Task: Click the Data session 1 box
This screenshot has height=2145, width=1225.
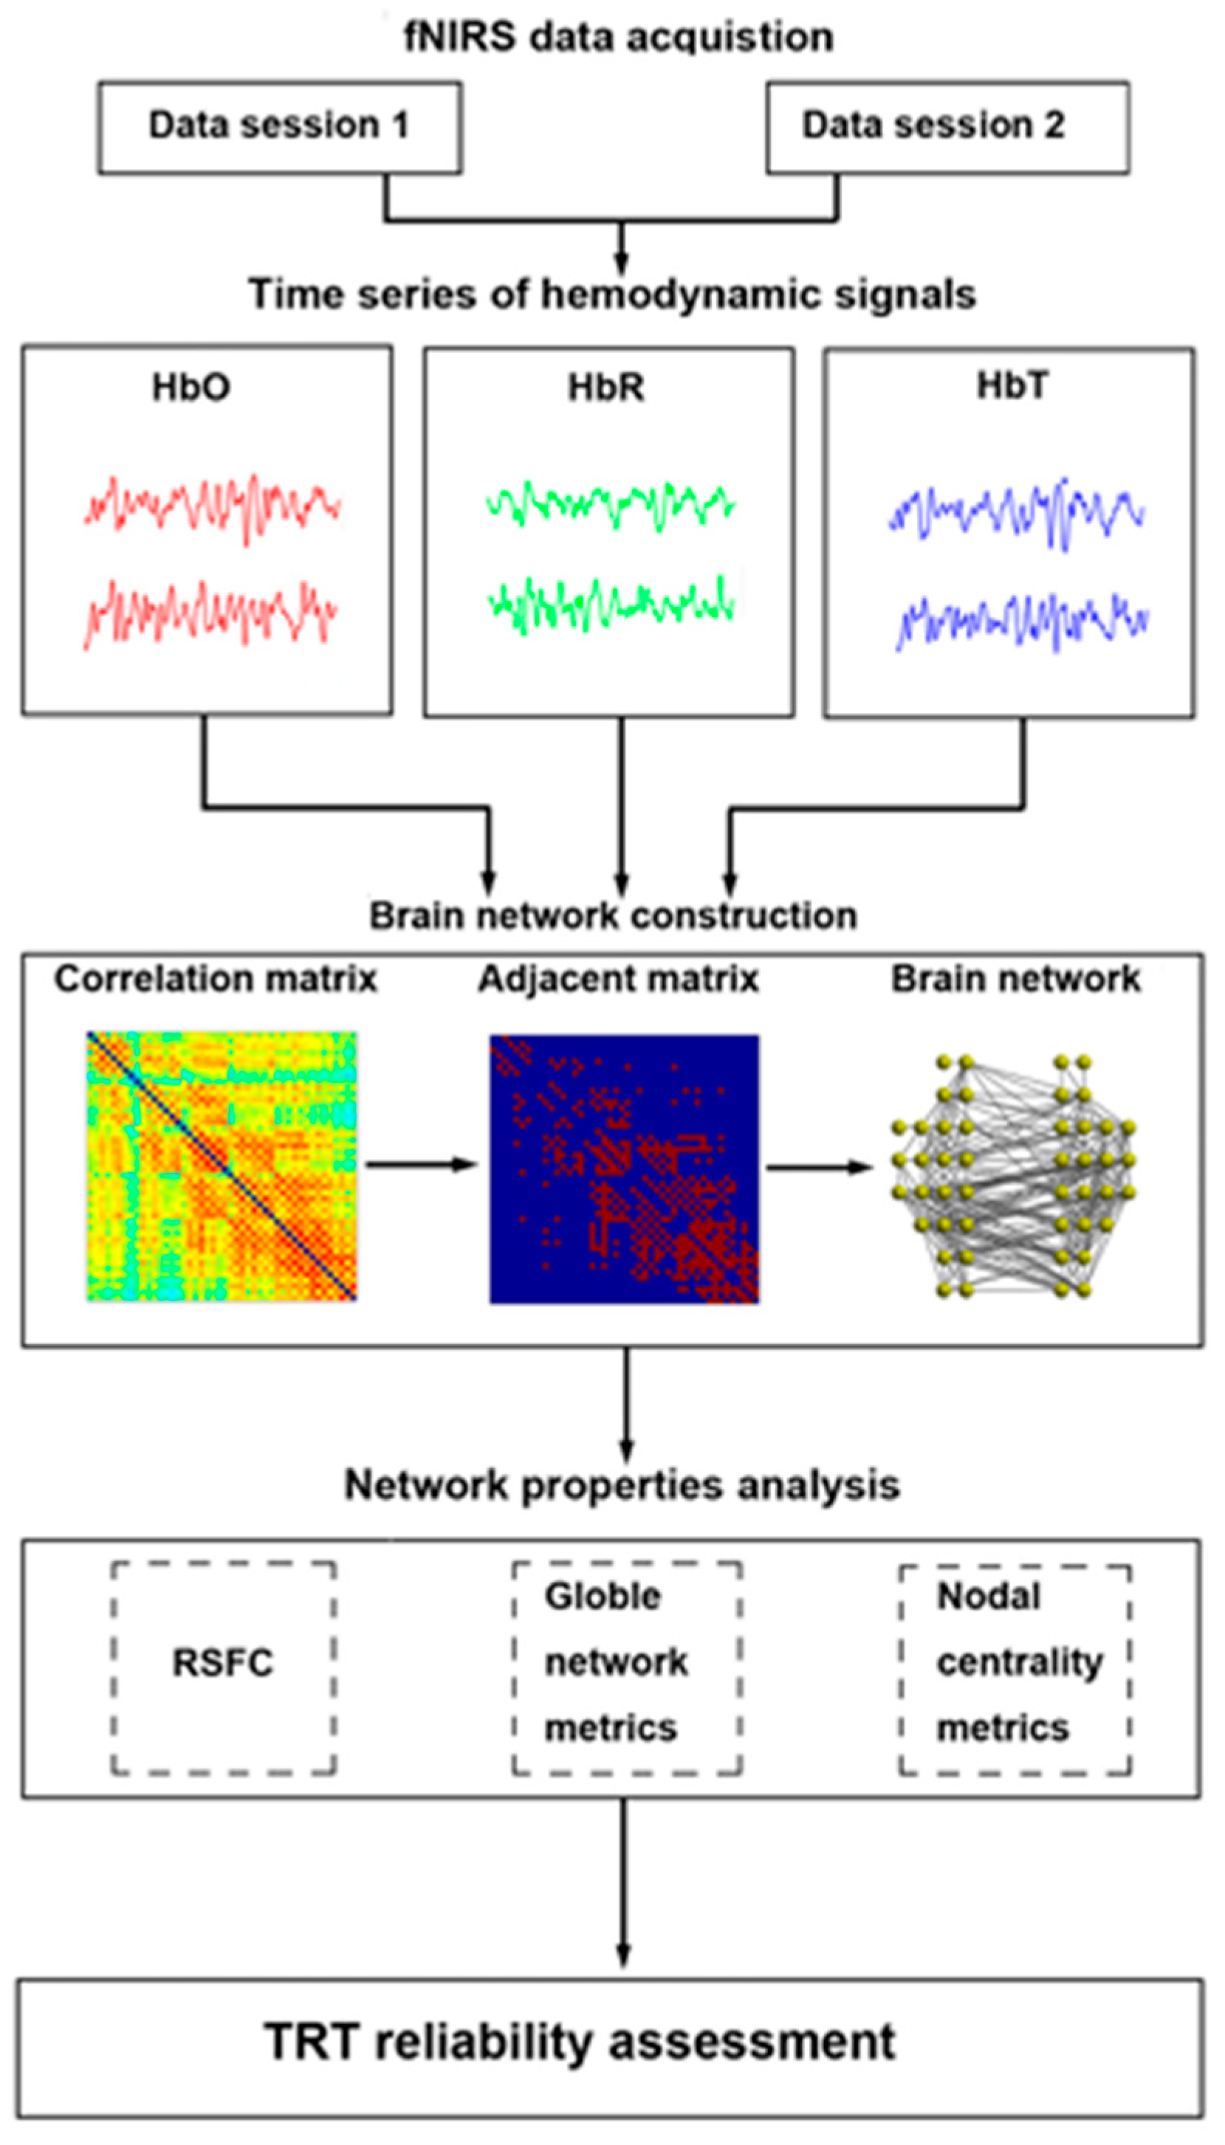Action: (279, 127)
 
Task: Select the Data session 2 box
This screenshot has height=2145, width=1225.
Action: (947, 127)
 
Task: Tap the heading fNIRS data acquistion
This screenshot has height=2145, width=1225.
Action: (618, 38)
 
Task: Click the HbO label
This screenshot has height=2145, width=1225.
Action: (191, 388)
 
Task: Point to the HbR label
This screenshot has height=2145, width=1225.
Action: (605, 388)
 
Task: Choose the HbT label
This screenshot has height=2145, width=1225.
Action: (1012, 386)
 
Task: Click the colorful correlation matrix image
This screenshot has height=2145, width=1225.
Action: (222, 1166)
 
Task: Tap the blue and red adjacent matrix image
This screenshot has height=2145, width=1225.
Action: (623, 1168)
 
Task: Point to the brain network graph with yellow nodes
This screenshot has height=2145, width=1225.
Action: (1013, 1174)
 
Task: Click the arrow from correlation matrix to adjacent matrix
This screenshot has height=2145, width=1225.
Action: (421, 1165)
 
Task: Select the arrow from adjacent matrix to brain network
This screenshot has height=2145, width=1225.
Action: (819, 1167)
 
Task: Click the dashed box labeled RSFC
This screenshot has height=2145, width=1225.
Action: (223, 1663)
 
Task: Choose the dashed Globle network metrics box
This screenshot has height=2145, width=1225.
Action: (627, 1663)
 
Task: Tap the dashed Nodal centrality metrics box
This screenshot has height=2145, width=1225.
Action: (1015, 1663)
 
